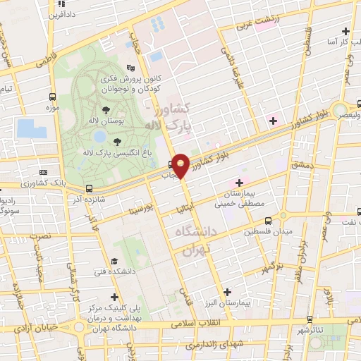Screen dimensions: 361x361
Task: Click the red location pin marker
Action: (181, 165)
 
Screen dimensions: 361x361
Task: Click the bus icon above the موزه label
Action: (52, 97)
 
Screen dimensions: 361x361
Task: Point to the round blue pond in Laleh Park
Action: (99, 135)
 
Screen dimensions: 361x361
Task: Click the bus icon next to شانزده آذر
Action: (89, 188)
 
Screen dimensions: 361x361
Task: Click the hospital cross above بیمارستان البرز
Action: (226, 291)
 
